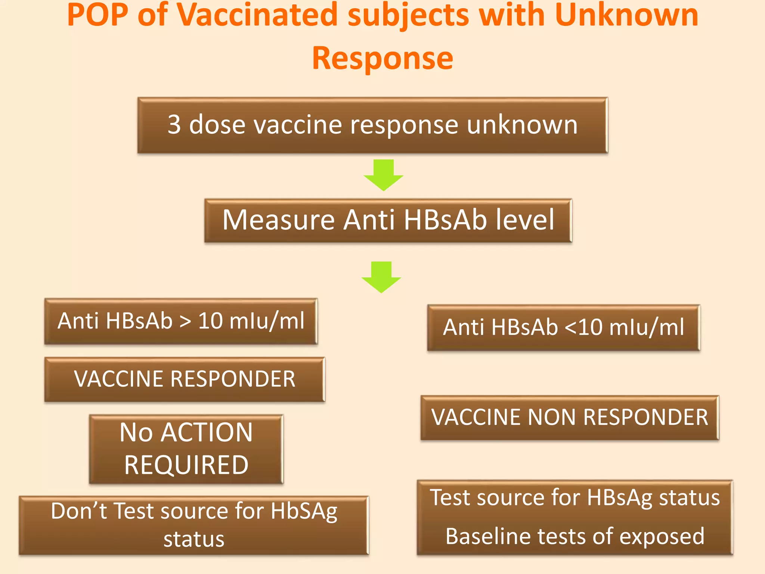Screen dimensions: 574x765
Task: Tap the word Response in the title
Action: tap(382, 58)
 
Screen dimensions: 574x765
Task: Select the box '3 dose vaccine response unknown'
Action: tap(372, 125)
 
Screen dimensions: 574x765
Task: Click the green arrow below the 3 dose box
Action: tap(383, 175)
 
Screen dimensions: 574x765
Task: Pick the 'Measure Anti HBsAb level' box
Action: tap(388, 220)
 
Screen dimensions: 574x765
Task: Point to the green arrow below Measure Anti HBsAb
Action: tap(381, 277)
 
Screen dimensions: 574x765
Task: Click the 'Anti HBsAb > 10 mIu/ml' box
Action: tap(181, 321)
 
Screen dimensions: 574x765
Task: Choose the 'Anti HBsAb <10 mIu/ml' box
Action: tap(564, 328)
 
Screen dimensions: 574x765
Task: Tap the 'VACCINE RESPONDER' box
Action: tap(185, 379)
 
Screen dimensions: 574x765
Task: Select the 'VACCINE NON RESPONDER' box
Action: tap(570, 417)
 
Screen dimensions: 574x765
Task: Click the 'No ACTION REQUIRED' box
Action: tap(186, 449)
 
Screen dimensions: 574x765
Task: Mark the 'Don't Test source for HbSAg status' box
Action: tap(194, 525)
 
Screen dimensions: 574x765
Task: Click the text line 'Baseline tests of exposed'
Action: tap(575, 536)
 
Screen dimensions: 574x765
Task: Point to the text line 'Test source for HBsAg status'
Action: tap(575, 498)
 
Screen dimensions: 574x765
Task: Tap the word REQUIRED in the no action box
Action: tap(186, 465)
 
